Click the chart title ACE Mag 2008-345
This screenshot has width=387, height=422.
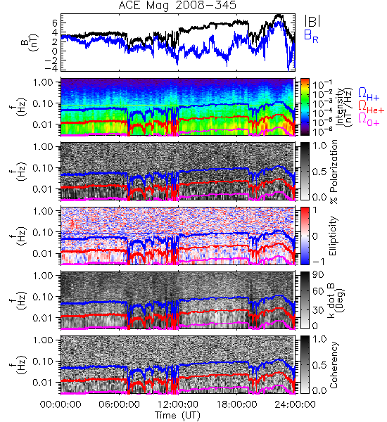[177, 6]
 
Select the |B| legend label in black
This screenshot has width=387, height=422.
[312, 21]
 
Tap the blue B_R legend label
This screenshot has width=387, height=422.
[311, 36]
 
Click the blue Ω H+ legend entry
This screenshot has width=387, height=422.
[369, 94]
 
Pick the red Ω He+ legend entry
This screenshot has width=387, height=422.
[371, 107]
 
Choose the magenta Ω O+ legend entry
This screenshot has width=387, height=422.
[369, 120]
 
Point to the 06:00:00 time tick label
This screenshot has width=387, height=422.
[120, 404]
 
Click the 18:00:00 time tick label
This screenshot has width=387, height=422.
[236, 404]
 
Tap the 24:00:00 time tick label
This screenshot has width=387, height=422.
[295, 404]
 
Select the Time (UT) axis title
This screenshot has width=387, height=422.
[178, 416]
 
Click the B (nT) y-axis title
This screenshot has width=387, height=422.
[31, 42]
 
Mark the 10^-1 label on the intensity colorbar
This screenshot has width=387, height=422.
[320, 85]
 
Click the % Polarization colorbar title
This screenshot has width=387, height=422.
[334, 172]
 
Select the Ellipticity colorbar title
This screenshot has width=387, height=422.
[334, 236]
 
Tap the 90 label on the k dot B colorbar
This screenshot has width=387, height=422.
[318, 275]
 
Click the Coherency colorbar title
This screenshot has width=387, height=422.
[334, 365]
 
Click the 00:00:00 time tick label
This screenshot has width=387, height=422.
[61, 404]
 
